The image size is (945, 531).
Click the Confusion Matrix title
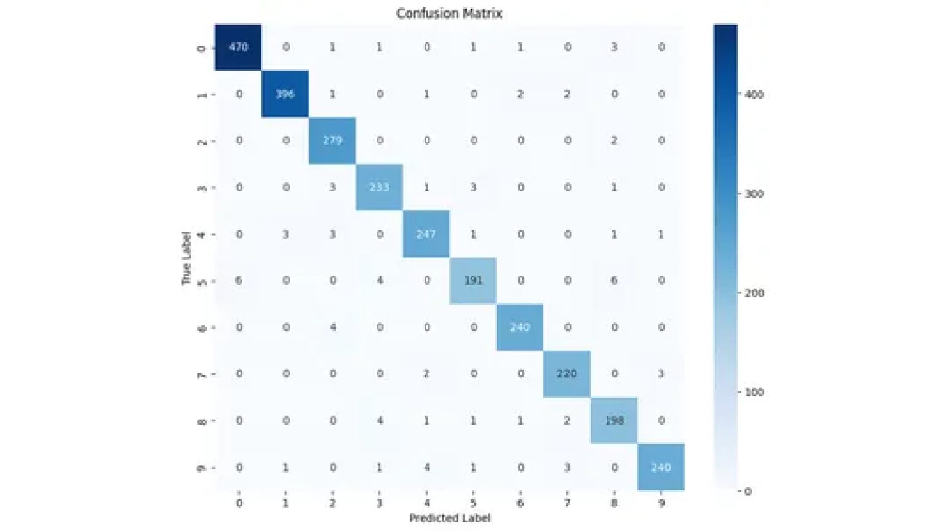(449, 14)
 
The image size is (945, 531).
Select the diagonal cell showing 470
(238, 47)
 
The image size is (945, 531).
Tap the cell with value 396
(285, 94)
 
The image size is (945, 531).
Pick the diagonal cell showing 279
(332, 141)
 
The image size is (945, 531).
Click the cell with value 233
(379, 188)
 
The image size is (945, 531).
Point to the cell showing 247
(426, 234)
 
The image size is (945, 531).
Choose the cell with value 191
(473, 281)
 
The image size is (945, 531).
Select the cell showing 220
(567, 374)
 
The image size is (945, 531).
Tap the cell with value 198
(614, 421)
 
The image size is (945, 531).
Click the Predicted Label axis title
(450, 518)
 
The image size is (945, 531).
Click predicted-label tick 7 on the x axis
(567, 503)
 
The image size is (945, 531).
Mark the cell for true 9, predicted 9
(661, 468)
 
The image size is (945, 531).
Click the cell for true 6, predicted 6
(520, 327)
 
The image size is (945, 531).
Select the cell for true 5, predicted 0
(239, 281)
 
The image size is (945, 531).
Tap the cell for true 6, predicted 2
(332, 327)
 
